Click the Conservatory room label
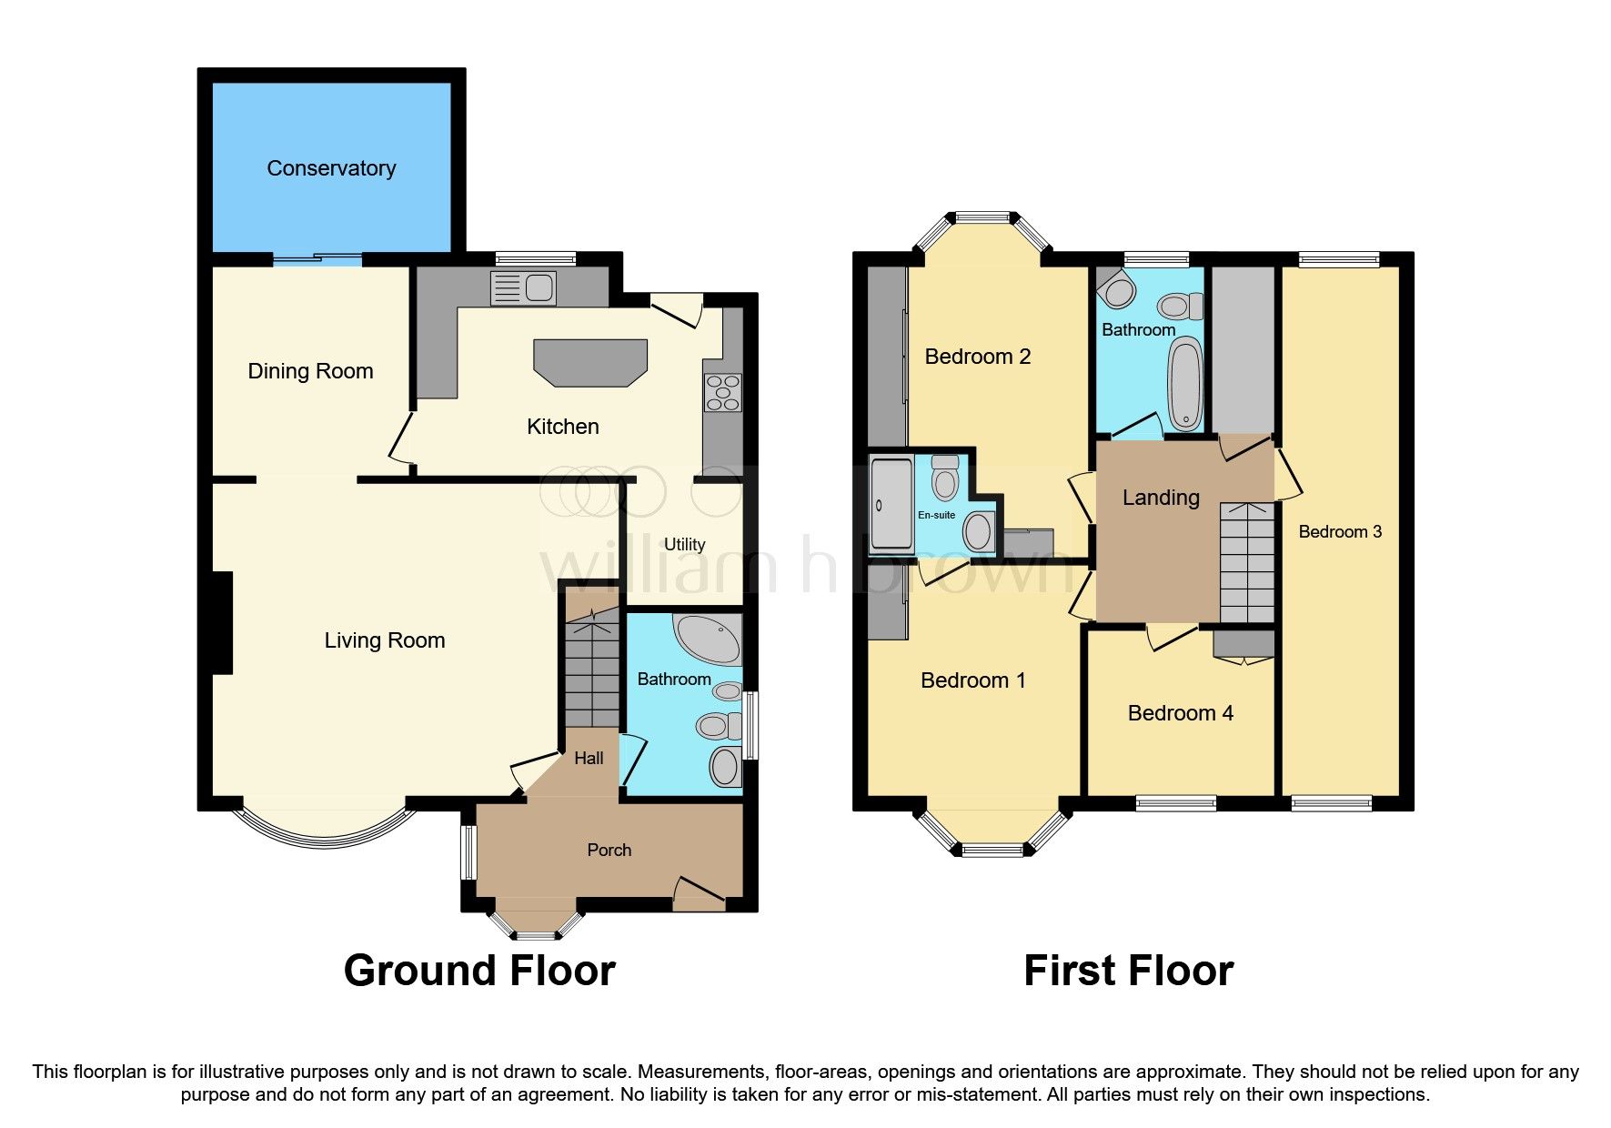[x=331, y=168]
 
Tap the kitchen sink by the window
[x=523, y=288]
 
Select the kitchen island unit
[x=590, y=362]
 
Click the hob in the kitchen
[x=723, y=393]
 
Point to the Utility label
[x=684, y=544]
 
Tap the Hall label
[x=589, y=758]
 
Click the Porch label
[x=609, y=850]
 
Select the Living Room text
[x=385, y=640]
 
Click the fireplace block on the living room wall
[x=221, y=622]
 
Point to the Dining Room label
[x=310, y=371]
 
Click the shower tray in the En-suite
[x=891, y=505]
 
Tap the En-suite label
[x=936, y=515]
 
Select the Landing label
[x=1161, y=498]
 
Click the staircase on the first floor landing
[x=1246, y=561]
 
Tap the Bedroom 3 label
[x=1339, y=532]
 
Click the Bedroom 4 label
[x=1180, y=713]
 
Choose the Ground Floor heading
[x=479, y=971]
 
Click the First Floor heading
[x=1128, y=971]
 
